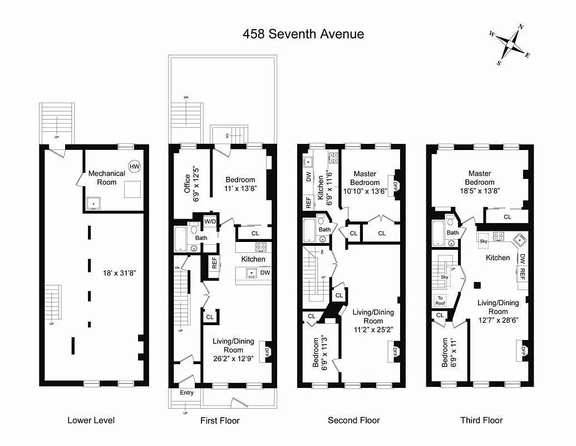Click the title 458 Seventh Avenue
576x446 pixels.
click(x=303, y=34)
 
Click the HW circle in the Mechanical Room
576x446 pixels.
click(x=134, y=166)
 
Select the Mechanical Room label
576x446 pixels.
click(x=106, y=178)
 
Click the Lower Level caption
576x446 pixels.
click(x=91, y=420)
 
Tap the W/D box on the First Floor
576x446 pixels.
click(x=210, y=221)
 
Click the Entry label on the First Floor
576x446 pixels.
click(x=187, y=393)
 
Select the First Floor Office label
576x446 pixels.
click(x=187, y=183)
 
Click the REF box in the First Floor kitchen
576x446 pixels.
click(x=214, y=262)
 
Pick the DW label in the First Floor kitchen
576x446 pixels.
click(x=265, y=273)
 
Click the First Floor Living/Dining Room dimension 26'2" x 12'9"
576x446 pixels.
click(x=233, y=358)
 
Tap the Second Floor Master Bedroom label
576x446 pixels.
click(x=365, y=178)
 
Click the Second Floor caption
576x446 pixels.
click(x=353, y=420)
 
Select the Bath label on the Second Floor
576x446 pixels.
click(x=324, y=229)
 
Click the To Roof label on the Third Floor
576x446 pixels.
click(x=440, y=300)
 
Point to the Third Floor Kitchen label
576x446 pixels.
click(x=498, y=258)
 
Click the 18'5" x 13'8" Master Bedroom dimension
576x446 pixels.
click(x=479, y=191)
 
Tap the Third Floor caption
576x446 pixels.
click(x=481, y=420)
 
